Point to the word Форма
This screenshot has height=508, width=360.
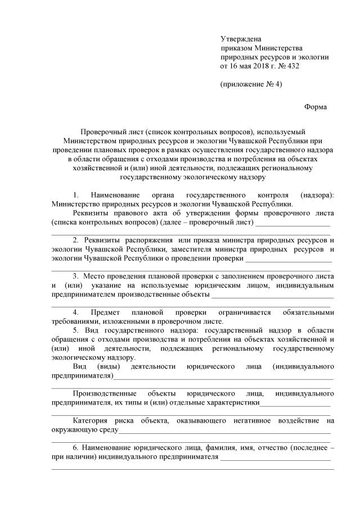pyautogui.click(x=315, y=107)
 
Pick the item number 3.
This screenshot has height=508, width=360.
pyautogui.click(x=76, y=276)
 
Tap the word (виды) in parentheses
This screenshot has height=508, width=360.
pyautogui.click(x=105, y=366)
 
